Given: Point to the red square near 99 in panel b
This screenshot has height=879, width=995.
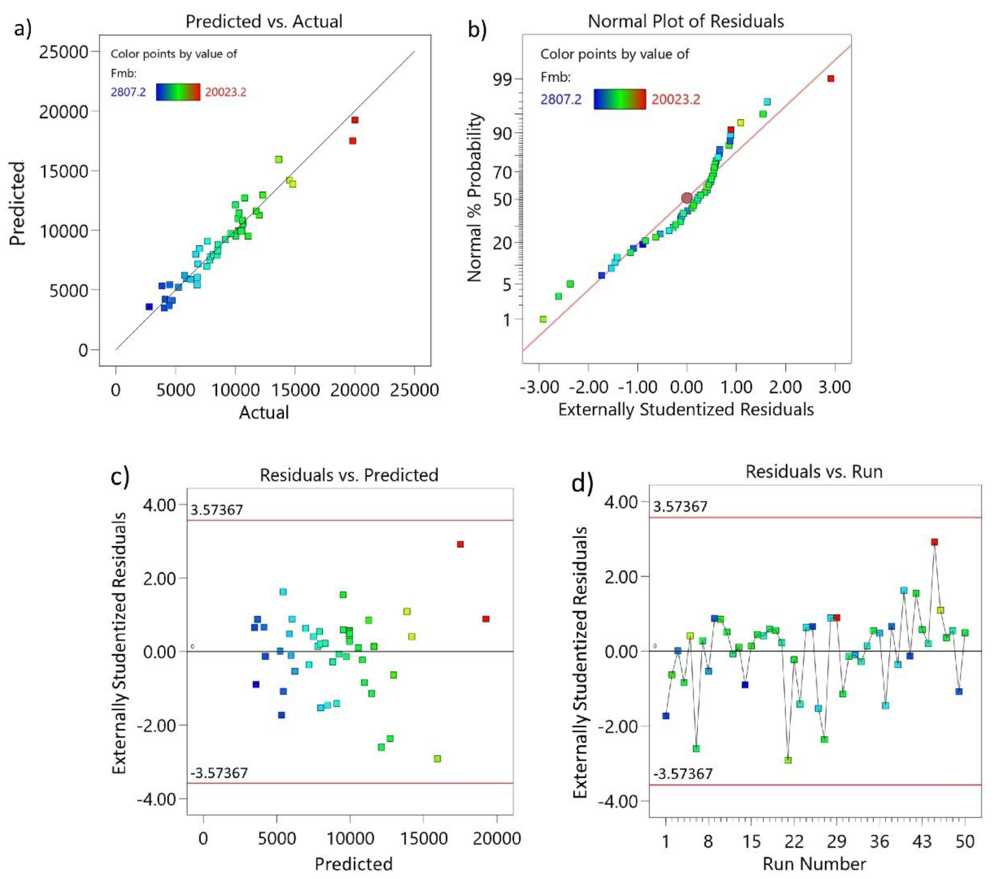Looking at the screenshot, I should pyautogui.click(x=831, y=79).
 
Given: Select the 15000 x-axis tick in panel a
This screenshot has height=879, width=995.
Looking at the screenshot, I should pyautogui.click(x=295, y=390).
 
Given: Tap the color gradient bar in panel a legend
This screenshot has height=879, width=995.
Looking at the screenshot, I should pyautogui.click(x=178, y=92).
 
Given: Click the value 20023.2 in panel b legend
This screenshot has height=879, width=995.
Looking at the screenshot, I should pyautogui.click(x=676, y=99).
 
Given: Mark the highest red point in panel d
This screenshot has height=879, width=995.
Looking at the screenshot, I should pyautogui.click(x=934, y=542).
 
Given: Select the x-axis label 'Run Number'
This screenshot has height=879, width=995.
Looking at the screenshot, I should pyautogui.click(x=814, y=864).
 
